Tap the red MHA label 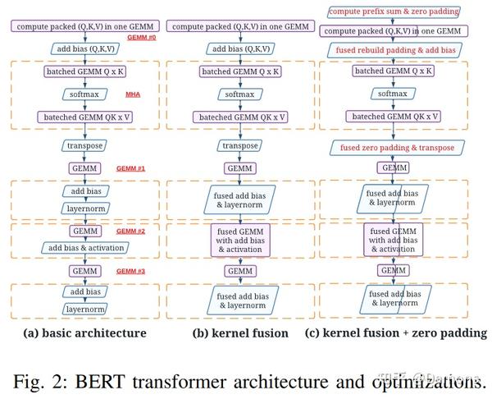tap(132, 94)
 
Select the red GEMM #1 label tap(130, 168)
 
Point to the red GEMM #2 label tap(130, 232)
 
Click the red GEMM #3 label tap(130, 271)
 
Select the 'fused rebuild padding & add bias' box tap(394, 50)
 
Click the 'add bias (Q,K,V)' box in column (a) tap(84, 49)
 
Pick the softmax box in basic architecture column tap(84, 94)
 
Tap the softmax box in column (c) tap(394, 94)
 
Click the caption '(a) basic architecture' tap(85, 333)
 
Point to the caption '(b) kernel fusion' tap(239, 333)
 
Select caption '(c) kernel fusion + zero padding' tap(395, 333)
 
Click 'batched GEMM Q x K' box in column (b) tap(239, 71)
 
